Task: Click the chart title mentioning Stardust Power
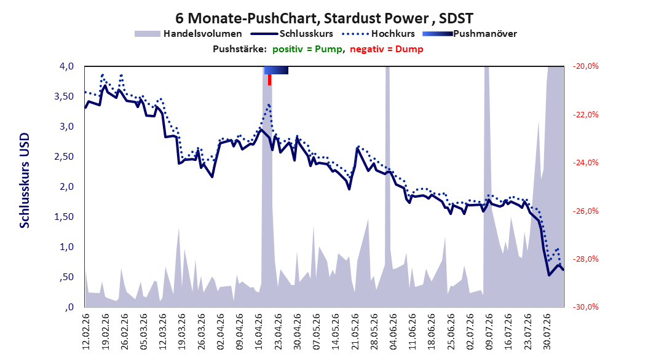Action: pos(324,18)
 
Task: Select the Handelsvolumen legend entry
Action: pos(189,34)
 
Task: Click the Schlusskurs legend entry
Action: pos(292,34)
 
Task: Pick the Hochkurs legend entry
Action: pos(379,34)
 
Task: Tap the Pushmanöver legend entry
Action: pos(470,34)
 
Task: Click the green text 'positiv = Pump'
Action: pos(307,49)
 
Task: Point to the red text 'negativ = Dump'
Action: pos(387,49)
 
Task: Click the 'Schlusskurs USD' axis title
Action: pos(25,181)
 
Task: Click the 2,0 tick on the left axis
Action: pos(66,187)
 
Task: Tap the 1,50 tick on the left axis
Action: pos(64,217)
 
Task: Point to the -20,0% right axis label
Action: pos(585,66)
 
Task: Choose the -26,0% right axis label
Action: pos(585,211)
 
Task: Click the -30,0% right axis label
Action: pos(585,307)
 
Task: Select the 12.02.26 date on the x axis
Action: pos(86,332)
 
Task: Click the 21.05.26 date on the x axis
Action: pos(355,332)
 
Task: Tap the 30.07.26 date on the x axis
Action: pos(547,332)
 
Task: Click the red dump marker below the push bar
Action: pos(269,80)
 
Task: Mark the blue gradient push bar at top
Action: pos(276,70)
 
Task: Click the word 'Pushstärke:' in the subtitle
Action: pos(240,49)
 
